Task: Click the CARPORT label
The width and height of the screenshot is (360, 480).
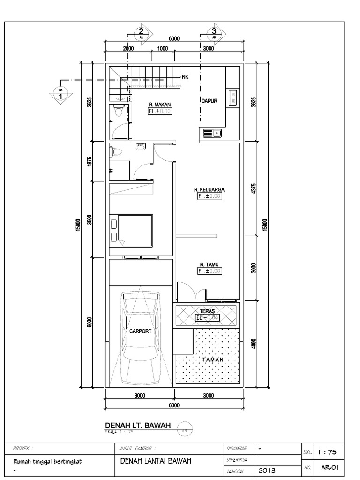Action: pos(140,331)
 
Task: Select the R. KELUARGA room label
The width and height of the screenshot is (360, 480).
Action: pos(210,189)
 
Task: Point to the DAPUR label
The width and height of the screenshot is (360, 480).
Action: pos(210,100)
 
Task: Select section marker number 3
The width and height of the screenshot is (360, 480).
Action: pos(214,32)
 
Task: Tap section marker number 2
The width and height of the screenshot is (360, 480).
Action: pos(141,32)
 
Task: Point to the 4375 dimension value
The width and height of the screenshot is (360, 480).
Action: pos(254,188)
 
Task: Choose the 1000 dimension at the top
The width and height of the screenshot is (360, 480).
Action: pos(163,48)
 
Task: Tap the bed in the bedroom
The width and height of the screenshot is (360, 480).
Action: pos(131,230)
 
